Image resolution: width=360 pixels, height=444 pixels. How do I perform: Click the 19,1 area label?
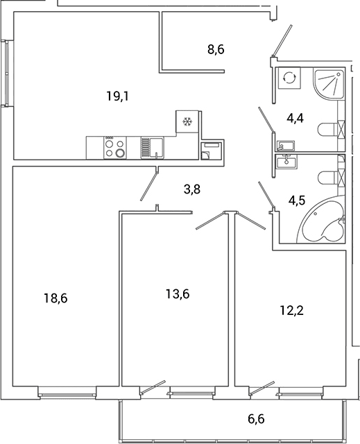point(118,96)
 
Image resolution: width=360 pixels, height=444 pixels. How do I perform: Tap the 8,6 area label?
point(216,49)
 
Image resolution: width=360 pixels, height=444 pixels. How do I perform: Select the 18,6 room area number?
point(55,298)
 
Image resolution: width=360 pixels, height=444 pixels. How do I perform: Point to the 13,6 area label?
point(178,294)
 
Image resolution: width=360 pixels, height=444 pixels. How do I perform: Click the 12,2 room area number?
point(292,311)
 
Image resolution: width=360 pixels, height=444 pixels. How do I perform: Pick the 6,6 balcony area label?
point(256,418)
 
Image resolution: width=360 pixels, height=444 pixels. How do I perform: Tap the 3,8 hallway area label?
point(192,189)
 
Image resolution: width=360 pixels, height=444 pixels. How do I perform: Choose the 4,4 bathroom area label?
point(295,118)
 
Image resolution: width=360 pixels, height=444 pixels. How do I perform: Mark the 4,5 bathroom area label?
point(297,200)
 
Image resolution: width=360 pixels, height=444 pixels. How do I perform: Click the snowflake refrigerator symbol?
point(187,122)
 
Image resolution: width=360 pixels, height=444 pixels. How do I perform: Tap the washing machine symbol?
point(289,78)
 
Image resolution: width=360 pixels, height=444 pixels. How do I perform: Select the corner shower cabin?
point(329,83)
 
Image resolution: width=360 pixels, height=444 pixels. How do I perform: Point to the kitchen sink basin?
point(157,147)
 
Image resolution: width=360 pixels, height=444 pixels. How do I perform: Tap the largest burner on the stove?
point(120,153)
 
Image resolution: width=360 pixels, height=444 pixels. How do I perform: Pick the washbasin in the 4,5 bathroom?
point(286,162)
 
